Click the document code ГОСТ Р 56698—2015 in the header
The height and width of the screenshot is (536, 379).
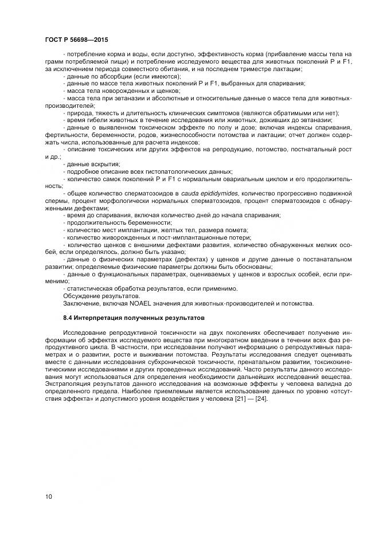pyautogui.click(x=76, y=40)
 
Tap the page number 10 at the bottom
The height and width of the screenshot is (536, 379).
pyautogui.click(x=48, y=496)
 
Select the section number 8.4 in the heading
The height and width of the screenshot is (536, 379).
pyautogui.click(x=68, y=318)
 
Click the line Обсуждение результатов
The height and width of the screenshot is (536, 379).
pyautogui.click(x=97, y=296)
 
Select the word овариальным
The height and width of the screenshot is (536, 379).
pyautogui.click(x=251, y=179)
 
